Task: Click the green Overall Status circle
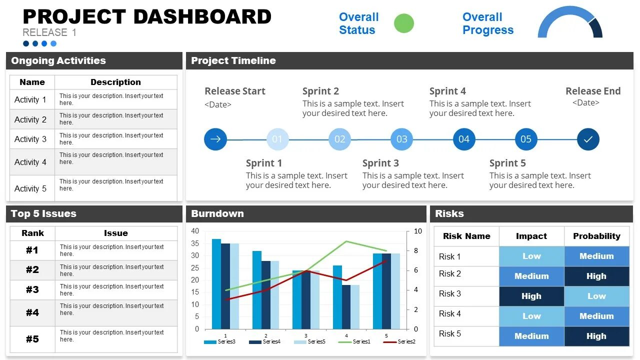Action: click(x=404, y=23)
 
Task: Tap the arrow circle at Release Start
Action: click(x=215, y=139)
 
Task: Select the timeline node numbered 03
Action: click(x=402, y=139)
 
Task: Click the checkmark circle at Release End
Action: click(x=588, y=139)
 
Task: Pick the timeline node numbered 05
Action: click(x=526, y=139)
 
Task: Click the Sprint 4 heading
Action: click(x=447, y=91)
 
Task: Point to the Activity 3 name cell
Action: click(x=30, y=139)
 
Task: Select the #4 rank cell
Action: click(x=32, y=312)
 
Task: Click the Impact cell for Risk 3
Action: click(x=531, y=296)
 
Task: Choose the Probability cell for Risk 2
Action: click(x=596, y=276)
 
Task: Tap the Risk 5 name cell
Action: click(x=450, y=334)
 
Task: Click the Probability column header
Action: click(x=596, y=236)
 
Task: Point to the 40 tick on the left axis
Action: click(x=195, y=231)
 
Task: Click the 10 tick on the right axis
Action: click(x=418, y=231)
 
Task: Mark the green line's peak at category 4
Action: click(x=346, y=241)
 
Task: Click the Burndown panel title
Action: click(x=217, y=213)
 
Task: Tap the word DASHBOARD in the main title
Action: click(x=202, y=17)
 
